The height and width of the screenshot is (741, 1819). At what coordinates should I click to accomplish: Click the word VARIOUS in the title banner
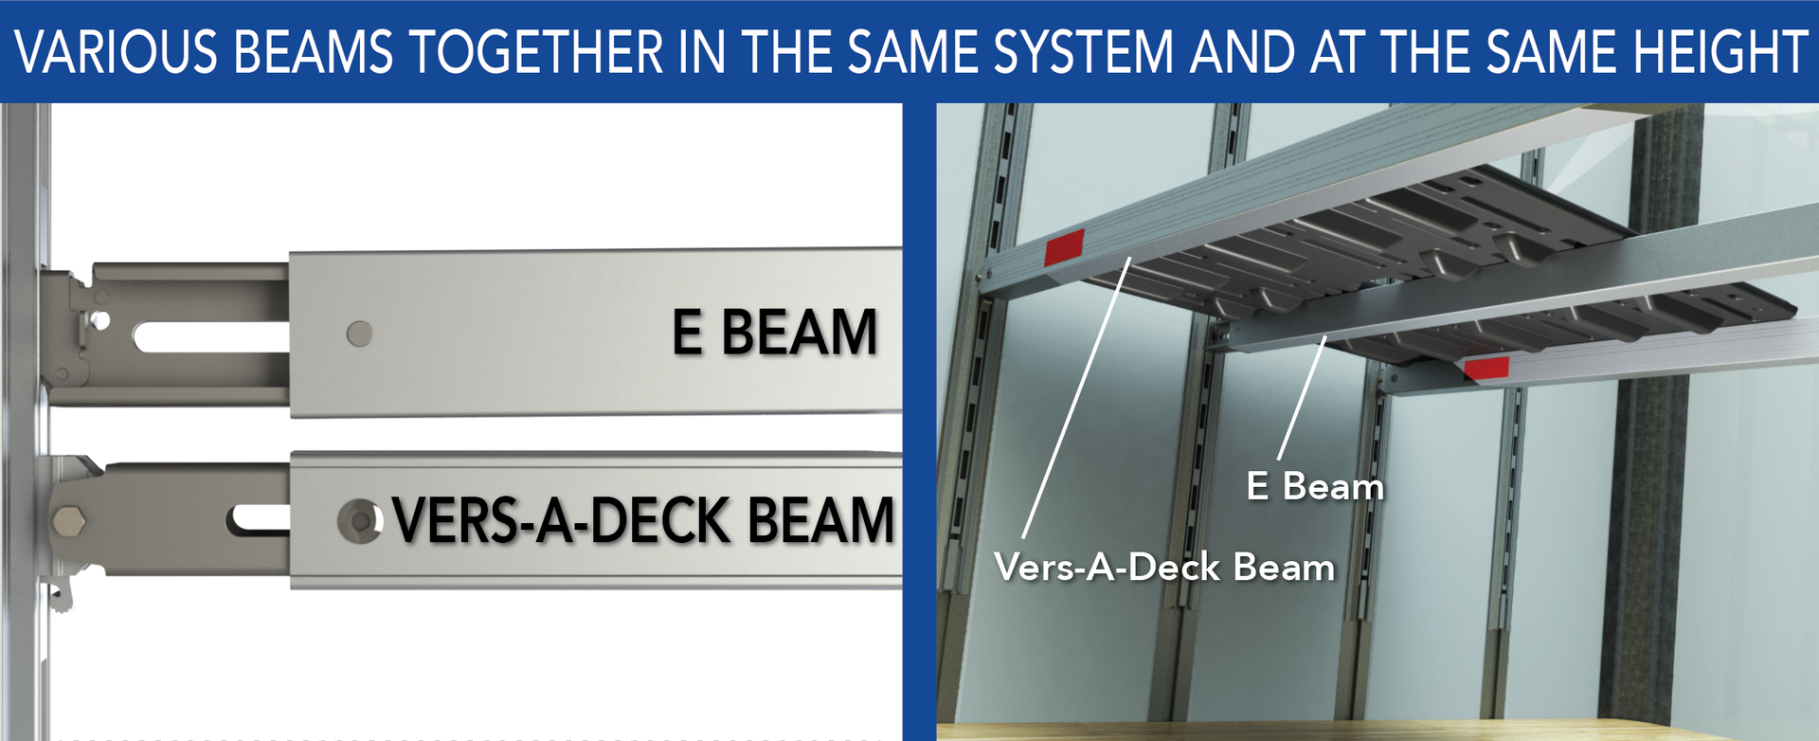(116, 52)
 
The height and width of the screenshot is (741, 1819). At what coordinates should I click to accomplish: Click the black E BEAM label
(775, 333)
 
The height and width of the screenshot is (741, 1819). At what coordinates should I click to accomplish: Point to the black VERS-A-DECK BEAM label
(643, 520)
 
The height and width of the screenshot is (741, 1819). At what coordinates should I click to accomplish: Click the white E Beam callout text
(1315, 486)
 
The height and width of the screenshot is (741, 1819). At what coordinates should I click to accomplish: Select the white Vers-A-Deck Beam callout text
(1164, 568)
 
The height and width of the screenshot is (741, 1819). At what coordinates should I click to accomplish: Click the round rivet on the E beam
(359, 334)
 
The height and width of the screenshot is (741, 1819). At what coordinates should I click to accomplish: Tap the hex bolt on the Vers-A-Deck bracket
(67, 522)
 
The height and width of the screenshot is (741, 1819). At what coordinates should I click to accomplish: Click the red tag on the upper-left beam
(1064, 247)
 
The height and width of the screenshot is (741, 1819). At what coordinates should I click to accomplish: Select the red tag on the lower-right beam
(1486, 368)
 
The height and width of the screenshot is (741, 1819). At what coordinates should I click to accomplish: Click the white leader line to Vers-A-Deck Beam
(1076, 398)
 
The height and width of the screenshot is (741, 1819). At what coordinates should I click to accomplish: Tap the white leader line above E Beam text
(1302, 398)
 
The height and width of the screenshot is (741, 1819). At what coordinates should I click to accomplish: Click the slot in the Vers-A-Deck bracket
(258, 517)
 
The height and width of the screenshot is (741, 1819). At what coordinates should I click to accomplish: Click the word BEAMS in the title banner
(313, 52)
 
